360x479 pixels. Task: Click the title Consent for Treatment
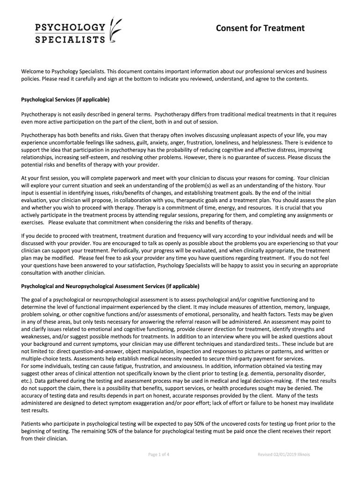pos(260,29)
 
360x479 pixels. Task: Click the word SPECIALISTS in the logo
pos(71,39)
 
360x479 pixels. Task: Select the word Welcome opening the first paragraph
pos(34,71)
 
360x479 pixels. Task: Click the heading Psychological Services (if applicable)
pos(65,100)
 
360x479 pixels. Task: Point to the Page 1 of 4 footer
pos(158,454)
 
